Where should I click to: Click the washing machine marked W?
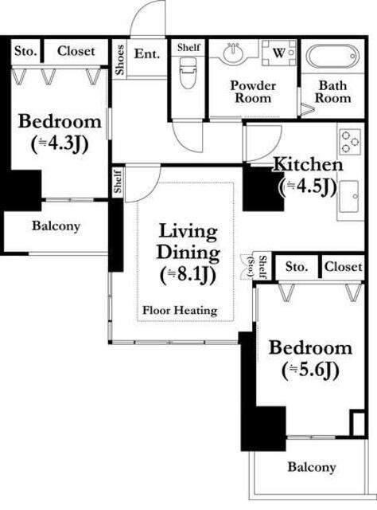[279, 53]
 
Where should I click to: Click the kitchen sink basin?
[349, 196]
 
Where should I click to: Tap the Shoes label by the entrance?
[120, 61]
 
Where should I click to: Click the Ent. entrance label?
[147, 53]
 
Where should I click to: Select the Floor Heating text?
[180, 310]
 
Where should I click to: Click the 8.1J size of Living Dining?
[188, 276]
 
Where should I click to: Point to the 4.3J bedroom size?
[60, 143]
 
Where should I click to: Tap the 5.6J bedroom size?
[310, 370]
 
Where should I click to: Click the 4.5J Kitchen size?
[308, 186]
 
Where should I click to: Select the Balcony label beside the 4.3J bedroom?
[56, 226]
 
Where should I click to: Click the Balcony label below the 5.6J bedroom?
[312, 467]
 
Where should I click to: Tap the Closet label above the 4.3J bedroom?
[76, 51]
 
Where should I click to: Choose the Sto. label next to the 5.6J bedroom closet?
[297, 267]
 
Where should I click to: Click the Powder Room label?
[253, 92]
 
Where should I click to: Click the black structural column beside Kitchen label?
[262, 190]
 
